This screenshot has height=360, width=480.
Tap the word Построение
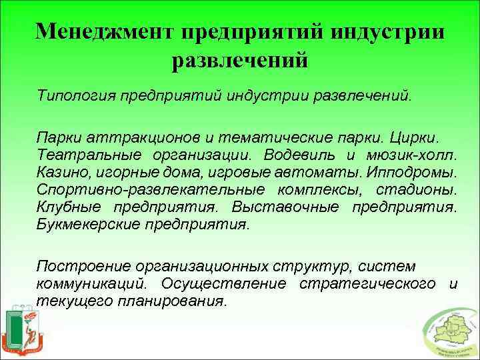pos(79,267)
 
